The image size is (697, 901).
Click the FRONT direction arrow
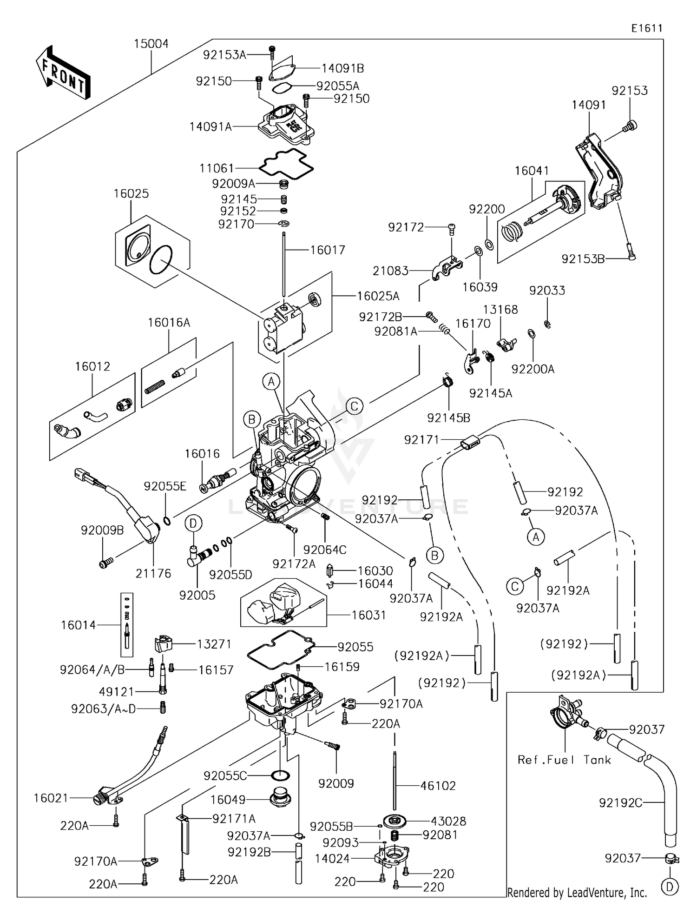click(x=63, y=73)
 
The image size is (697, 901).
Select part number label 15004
click(x=151, y=44)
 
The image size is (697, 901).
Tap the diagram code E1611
click(x=646, y=28)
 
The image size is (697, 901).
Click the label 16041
click(x=532, y=171)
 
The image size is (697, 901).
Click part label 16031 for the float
click(x=368, y=615)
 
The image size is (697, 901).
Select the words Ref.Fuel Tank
click(x=564, y=760)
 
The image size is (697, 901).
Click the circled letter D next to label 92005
click(x=193, y=523)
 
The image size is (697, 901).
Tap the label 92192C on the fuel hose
click(x=620, y=803)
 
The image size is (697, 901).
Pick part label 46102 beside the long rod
click(x=438, y=786)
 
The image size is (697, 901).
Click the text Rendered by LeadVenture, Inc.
click(x=577, y=892)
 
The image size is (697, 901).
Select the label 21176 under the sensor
click(x=153, y=574)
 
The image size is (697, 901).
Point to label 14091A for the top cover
click(x=210, y=126)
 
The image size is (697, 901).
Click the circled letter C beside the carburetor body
click(x=354, y=406)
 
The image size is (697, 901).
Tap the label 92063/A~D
click(x=103, y=709)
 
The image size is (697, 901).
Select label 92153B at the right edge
click(x=583, y=259)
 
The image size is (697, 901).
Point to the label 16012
click(x=92, y=366)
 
